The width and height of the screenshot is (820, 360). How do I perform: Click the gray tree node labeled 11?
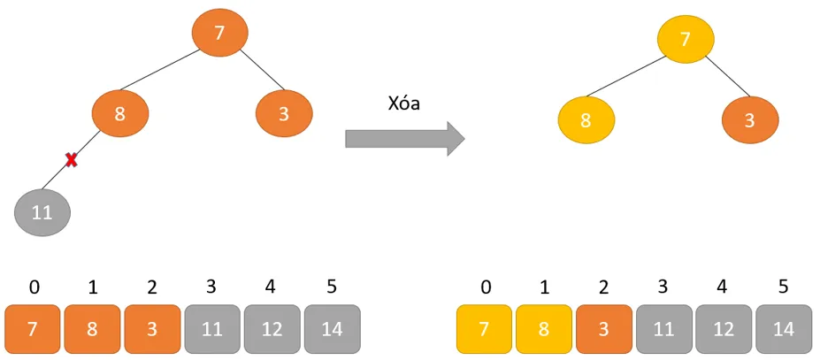[x=42, y=212]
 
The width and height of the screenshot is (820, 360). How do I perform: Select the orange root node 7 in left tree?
[x=219, y=33]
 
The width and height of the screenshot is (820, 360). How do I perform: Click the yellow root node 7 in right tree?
[x=685, y=39]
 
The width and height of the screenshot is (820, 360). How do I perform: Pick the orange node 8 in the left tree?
[x=120, y=113]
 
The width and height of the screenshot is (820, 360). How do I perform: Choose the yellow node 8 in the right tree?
[x=586, y=119]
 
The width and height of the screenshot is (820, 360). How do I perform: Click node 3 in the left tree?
[x=284, y=113]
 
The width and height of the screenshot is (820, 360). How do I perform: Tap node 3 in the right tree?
[x=749, y=119]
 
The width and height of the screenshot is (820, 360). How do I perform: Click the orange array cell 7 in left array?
[x=33, y=329]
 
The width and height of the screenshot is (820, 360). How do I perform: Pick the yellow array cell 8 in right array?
[x=544, y=329]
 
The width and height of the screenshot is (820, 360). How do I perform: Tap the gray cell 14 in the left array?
[x=332, y=329]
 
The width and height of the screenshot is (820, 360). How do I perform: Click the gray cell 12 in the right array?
[x=724, y=329]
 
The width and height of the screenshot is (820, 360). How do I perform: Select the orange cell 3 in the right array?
[x=603, y=329]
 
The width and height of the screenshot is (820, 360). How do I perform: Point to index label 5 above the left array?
[x=332, y=287]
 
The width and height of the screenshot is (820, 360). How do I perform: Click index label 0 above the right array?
[x=485, y=287]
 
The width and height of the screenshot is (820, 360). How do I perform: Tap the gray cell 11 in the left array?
[x=212, y=329]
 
